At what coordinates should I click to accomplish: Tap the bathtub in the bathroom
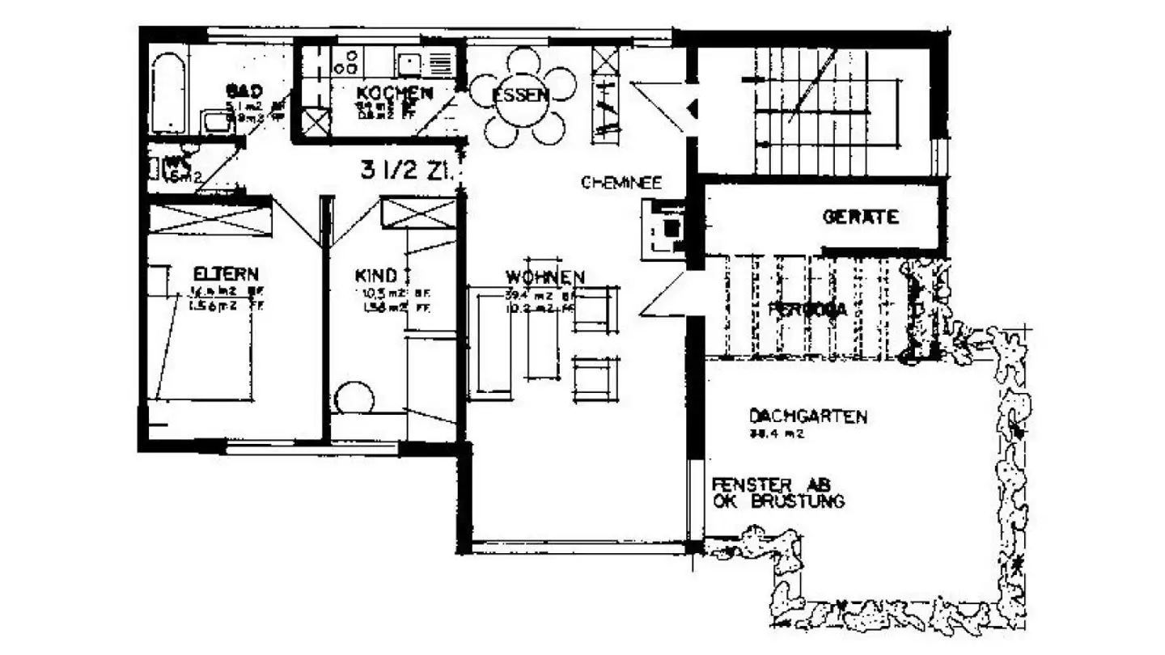pos(169,93)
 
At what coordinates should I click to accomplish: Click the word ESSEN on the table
pos(521,95)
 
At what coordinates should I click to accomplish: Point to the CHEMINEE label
pos(621,183)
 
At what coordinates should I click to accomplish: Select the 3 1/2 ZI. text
pos(410,171)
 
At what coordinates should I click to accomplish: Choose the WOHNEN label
pos(545,276)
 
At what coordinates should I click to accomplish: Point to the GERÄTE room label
pos(861,217)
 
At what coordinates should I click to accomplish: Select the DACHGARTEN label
pos(808,417)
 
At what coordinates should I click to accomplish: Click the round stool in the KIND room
pos(353,400)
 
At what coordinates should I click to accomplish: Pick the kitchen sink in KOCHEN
pos(409,61)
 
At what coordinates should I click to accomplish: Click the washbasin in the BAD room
pos(217,121)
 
